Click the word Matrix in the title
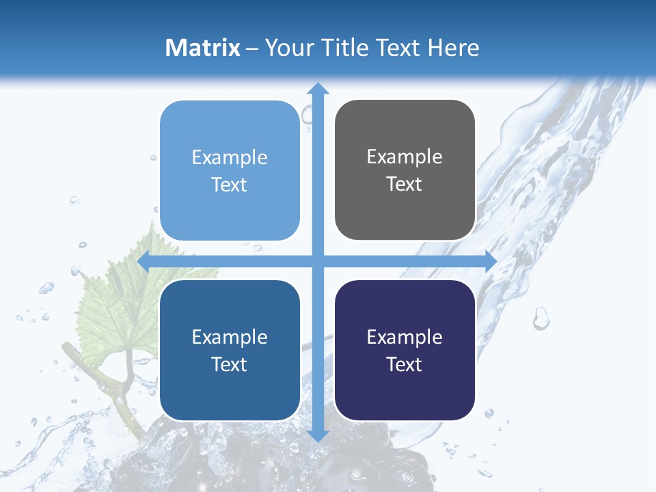(203, 48)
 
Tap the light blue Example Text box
(230, 171)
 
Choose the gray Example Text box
(405, 170)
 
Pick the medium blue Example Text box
(230, 350)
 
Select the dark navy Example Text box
(405, 350)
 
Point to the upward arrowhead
(318, 88)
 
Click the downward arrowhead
(318, 435)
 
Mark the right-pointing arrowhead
(490, 261)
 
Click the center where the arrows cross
(318, 261)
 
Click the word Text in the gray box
(405, 184)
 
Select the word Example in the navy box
(405, 337)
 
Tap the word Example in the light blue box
(230, 158)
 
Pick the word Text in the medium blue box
(230, 364)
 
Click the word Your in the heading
(288, 48)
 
